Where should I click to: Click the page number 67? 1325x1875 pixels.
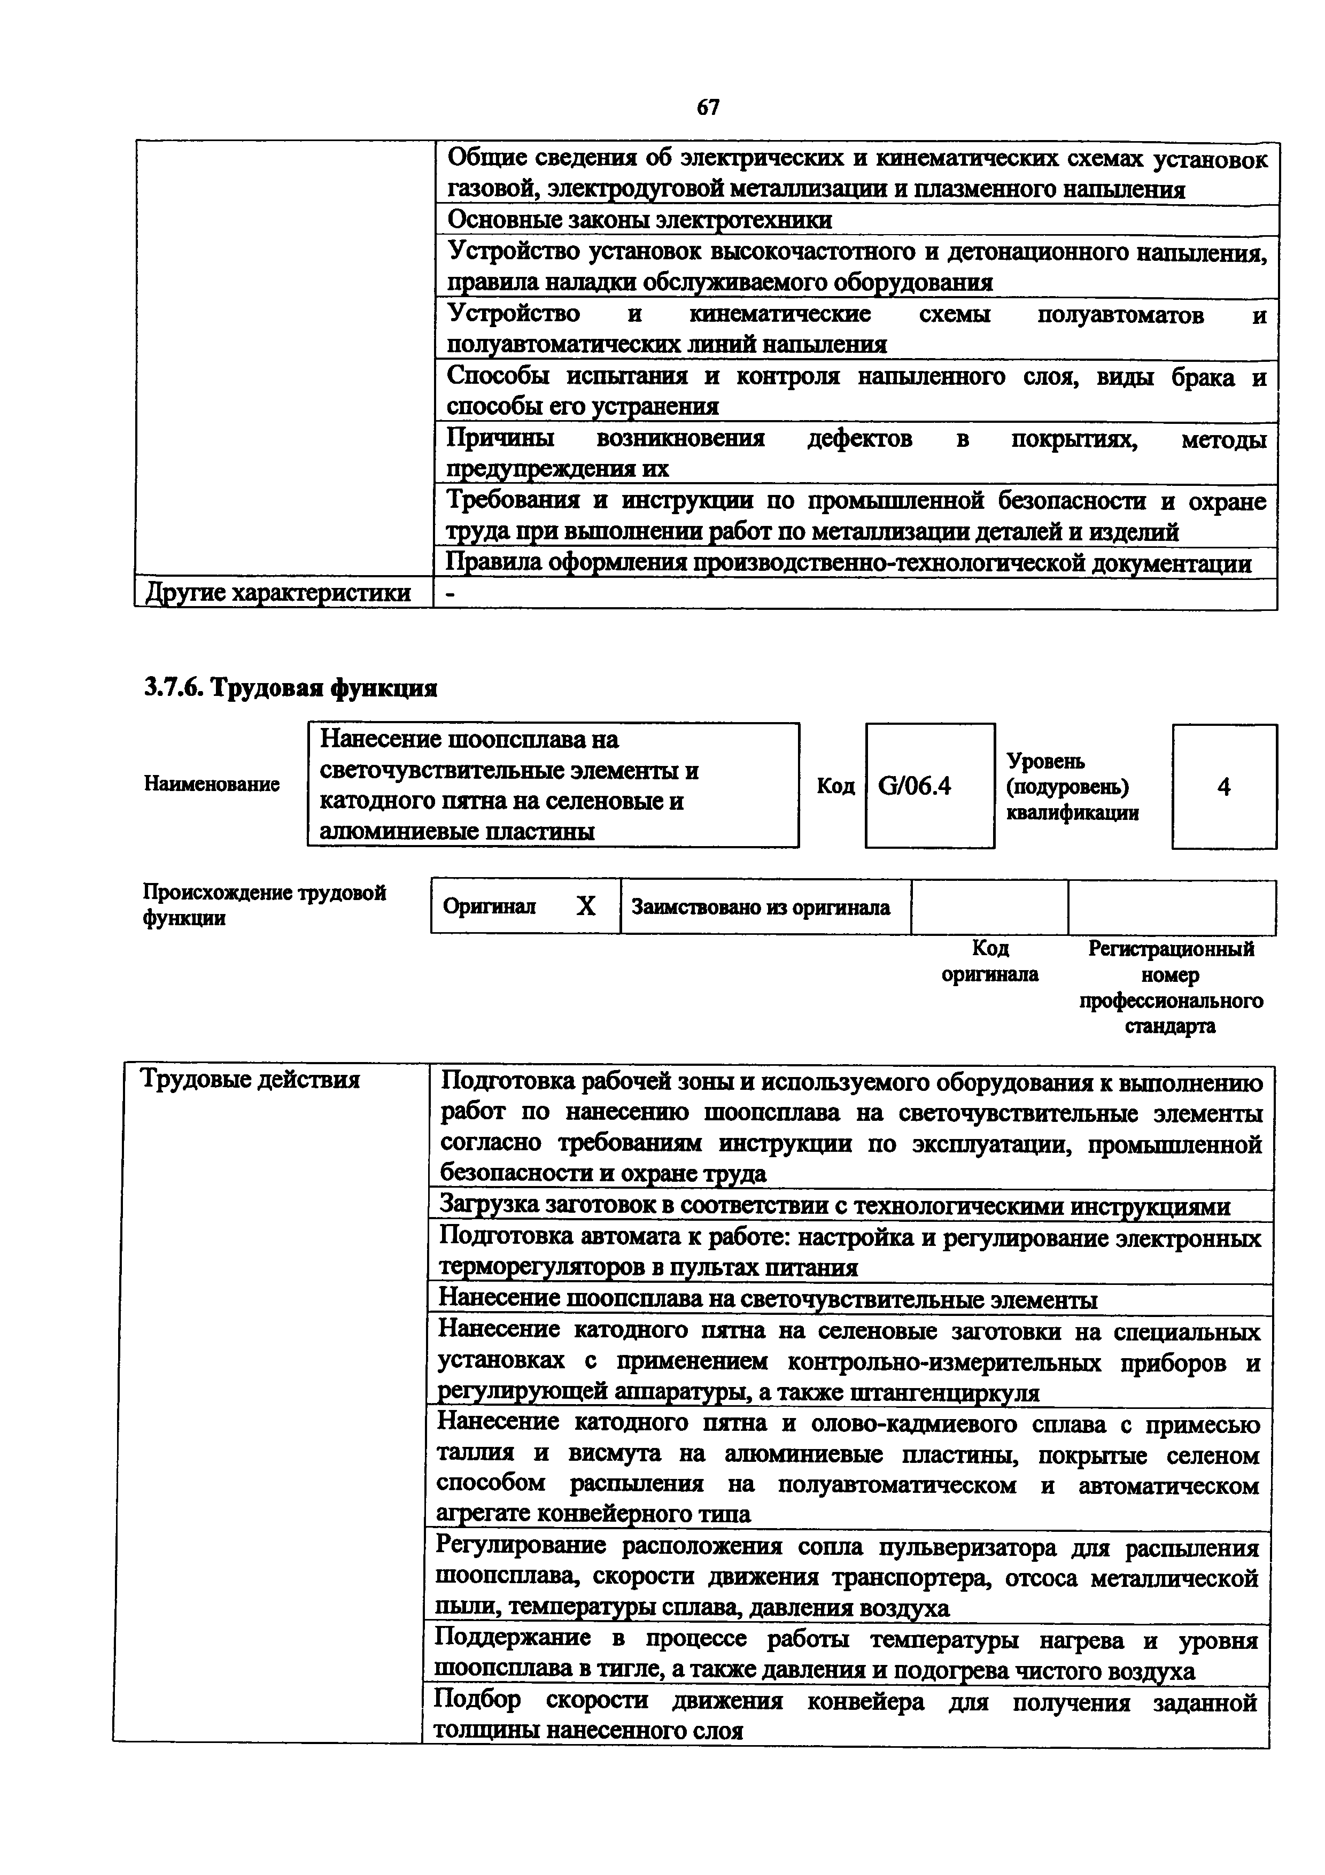click(x=708, y=107)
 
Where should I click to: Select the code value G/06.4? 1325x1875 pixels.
click(x=915, y=786)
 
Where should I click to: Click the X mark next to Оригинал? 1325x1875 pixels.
click(x=585, y=906)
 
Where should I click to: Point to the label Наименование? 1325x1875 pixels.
click(x=212, y=785)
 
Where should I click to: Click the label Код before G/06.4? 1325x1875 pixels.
click(x=835, y=786)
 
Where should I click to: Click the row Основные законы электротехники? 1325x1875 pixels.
click(x=640, y=220)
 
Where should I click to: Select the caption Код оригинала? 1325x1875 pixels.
click(x=989, y=961)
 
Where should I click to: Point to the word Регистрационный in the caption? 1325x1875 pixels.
click(x=1171, y=949)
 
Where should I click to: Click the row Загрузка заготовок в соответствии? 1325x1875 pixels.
click(x=834, y=1205)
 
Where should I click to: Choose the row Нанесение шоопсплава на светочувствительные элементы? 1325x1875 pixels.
click(x=768, y=1299)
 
